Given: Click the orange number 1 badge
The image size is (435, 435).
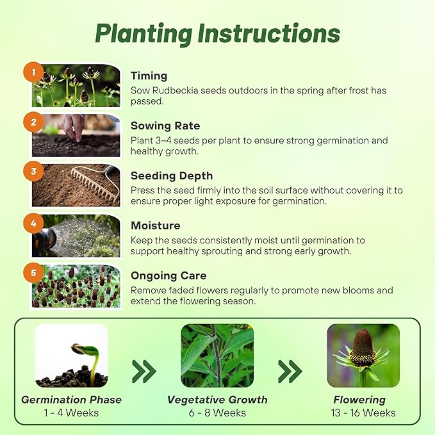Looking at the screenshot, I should (x=33, y=71).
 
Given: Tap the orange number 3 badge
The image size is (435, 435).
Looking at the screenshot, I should (x=33, y=171).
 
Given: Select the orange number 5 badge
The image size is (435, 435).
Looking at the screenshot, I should (x=33, y=271).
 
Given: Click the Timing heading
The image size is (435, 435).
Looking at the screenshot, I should (x=149, y=76).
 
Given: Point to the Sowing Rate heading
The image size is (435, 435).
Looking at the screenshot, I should (x=165, y=126).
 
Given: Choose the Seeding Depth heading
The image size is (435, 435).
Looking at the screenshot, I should (x=172, y=176).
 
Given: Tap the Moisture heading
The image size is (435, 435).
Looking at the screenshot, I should (x=155, y=226).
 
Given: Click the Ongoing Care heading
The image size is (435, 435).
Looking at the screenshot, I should (x=168, y=275).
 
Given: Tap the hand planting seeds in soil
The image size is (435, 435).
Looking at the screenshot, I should (x=74, y=128).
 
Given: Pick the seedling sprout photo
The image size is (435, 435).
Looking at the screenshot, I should (x=71, y=356).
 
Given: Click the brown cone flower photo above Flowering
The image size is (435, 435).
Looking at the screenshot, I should (x=363, y=356).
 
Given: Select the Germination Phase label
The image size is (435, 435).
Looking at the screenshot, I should (x=71, y=400).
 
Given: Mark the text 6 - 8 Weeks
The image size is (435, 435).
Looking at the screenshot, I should (x=217, y=413).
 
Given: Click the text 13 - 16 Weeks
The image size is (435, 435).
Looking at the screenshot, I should (x=363, y=413).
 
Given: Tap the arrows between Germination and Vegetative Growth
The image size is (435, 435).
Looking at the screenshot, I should (x=144, y=370).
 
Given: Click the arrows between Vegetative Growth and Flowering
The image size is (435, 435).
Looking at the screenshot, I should (x=290, y=370).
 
